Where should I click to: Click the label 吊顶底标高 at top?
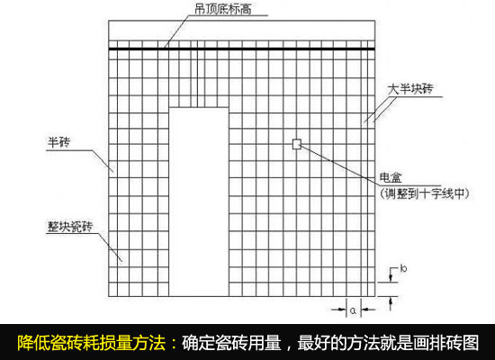click(x=223, y=10)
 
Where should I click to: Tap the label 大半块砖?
click(x=410, y=89)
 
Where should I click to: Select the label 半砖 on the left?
click(x=58, y=142)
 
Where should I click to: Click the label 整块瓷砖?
click(x=70, y=227)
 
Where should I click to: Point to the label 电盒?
click(x=391, y=178)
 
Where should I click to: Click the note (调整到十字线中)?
click(x=425, y=193)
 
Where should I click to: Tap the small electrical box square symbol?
click(x=297, y=144)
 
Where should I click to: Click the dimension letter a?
click(x=354, y=310)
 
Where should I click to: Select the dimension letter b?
click(x=403, y=268)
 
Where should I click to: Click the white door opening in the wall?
click(x=199, y=202)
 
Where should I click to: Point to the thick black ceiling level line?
click(x=242, y=49)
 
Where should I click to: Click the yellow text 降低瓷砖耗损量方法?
click(x=92, y=343)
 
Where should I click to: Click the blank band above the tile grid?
click(x=242, y=31)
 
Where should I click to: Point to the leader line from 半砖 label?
click(x=103, y=161)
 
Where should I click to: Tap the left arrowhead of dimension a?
click(x=343, y=310)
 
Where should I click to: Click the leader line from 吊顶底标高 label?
click(x=180, y=31)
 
